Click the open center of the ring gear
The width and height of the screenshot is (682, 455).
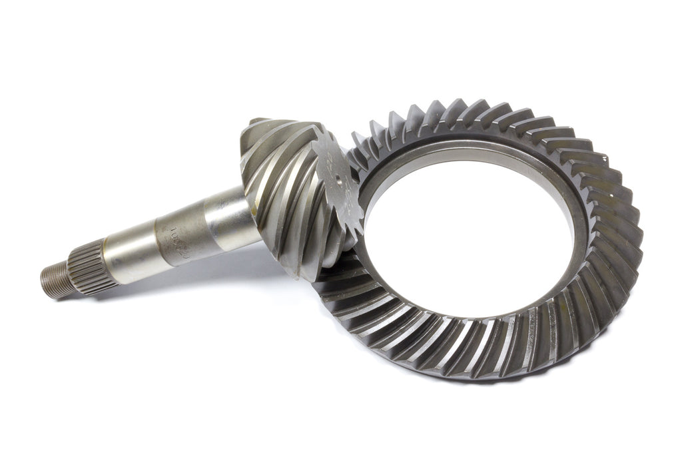[x=466, y=240]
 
